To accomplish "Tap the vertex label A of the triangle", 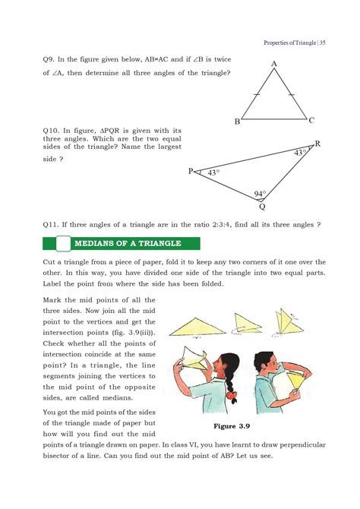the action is point(273,65).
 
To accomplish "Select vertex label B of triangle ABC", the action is point(238,122).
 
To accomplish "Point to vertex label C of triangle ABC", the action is point(311,120).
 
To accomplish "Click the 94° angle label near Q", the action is point(261,194).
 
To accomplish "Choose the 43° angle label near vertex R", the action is point(300,153).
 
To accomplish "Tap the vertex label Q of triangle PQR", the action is point(262,206).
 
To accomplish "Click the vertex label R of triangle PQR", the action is point(317,144).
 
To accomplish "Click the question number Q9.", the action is point(49,58).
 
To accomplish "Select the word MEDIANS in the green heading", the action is point(99,243).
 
